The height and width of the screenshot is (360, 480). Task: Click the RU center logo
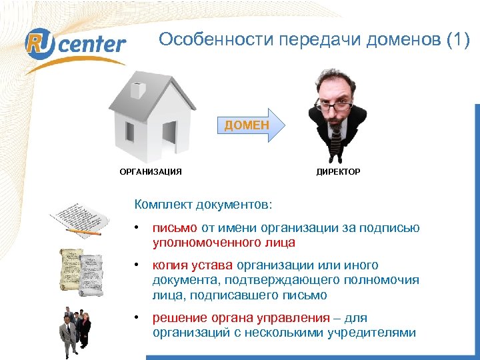pos(75,44)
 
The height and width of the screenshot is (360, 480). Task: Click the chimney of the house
pos(137,88)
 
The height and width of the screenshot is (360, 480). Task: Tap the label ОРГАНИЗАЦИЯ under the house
pos(151,172)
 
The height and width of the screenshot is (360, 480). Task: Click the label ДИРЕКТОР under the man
pos(338,172)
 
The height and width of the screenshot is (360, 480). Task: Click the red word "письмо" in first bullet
pos(175,228)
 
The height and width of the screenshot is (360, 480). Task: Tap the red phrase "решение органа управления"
pos(241,317)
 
